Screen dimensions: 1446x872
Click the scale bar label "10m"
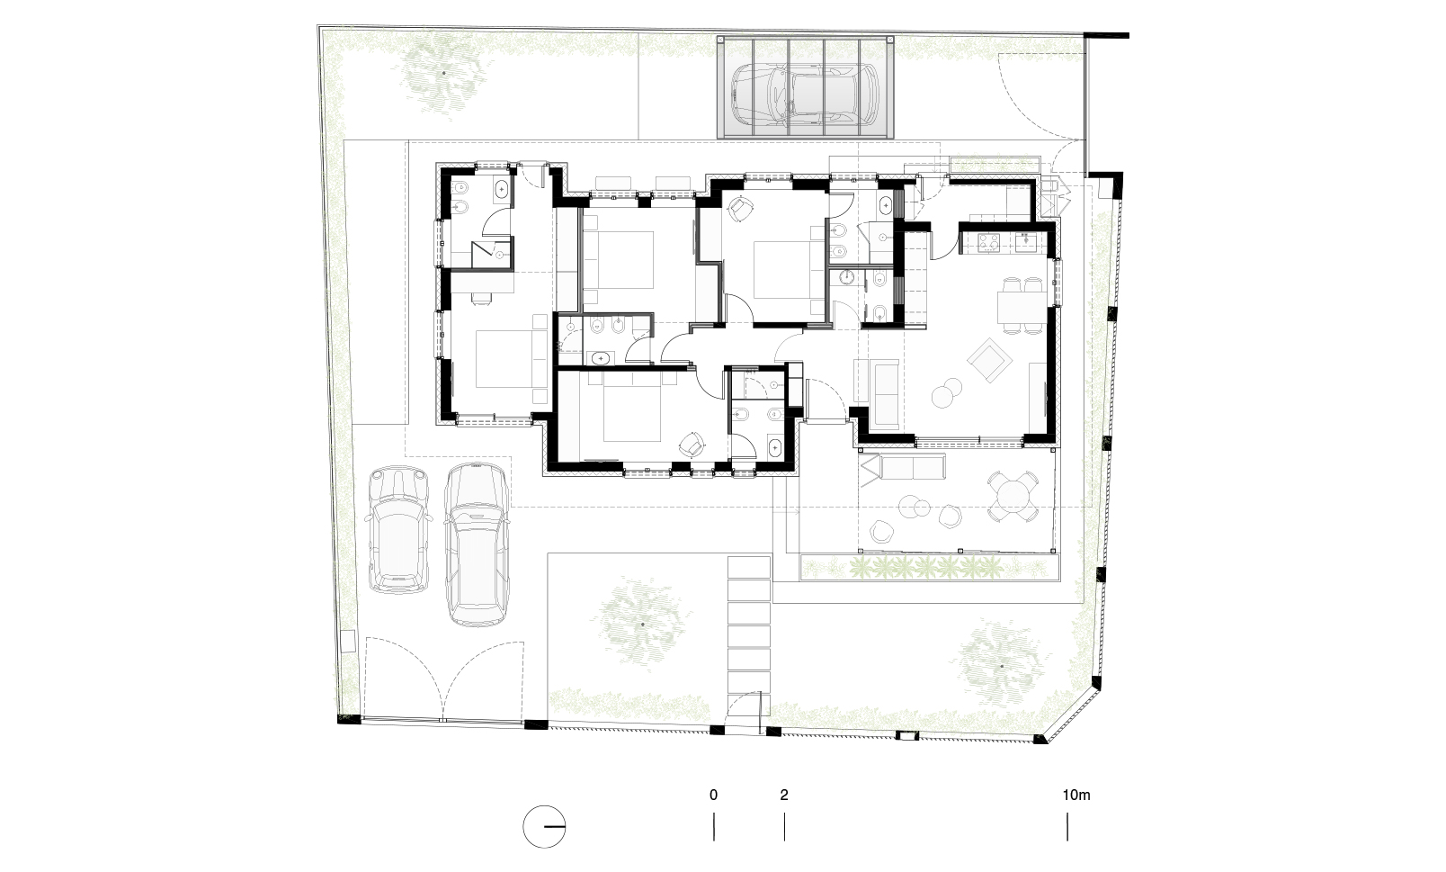point(1076,796)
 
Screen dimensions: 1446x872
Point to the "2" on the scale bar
point(783,796)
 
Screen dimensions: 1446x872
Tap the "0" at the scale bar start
point(713,796)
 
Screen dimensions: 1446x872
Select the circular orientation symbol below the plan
point(544,826)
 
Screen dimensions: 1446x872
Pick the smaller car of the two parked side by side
point(398,529)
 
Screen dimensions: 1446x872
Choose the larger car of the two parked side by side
point(476,544)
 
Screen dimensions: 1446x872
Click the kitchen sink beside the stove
point(1026,241)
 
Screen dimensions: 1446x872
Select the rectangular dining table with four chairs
point(1022,307)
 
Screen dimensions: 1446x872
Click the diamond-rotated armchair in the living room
point(987,360)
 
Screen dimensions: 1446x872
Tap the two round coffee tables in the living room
point(946,393)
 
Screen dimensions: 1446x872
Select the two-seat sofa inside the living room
point(885,396)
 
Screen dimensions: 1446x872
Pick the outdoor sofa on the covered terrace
point(903,466)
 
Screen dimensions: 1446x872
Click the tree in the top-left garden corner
point(443,74)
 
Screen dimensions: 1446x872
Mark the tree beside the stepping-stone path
point(642,624)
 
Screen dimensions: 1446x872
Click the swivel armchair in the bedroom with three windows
point(692,444)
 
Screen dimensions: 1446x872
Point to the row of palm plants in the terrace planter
point(925,568)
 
